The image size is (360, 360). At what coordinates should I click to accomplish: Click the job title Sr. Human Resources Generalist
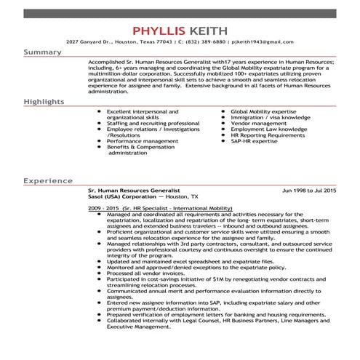[128, 190]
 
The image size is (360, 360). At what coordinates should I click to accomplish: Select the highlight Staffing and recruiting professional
[153, 124]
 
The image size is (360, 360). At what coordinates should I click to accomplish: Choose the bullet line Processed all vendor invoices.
[145, 273]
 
